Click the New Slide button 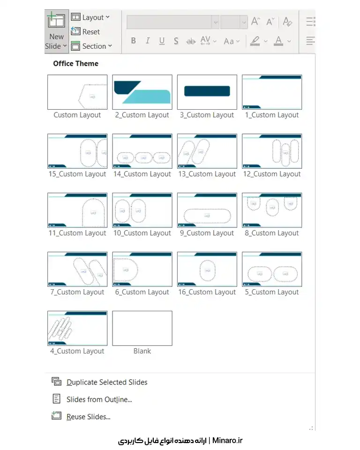click(x=57, y=31)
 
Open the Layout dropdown click(x=90, y=17)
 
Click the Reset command click(x=85, y=31)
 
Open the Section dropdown click(x=91, y=46)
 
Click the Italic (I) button click(x=148, y=41)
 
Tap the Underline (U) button click(x=162, y=41)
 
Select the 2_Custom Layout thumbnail click(x=142, y=92)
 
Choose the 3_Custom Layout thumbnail click(x=207, y=92)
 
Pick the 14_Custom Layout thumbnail click(x=142, y=151)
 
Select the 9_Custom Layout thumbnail click(x=207, y=210)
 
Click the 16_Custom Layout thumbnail click(x=207, y=269)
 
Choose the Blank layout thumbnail click(x=142, y=328)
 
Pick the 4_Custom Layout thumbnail click(x=77, y=328)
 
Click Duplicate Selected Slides click(x=107, y=382)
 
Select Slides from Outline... click(x=99, y=399)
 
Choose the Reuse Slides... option click(x=88, y=417)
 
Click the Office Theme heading click(x=76, y=63)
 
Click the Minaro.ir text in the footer click(x=227, y=440)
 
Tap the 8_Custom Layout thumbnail click(x=272, y=210)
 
